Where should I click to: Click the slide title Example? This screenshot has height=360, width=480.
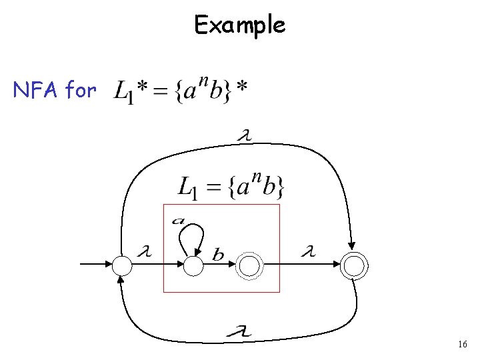click(x=239, y=25)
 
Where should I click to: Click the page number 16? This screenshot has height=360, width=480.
click(x=463, y=345)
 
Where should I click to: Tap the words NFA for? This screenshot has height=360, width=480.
click(x=55, y=89)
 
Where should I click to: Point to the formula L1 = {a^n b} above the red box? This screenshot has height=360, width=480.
click(x=231, y=186)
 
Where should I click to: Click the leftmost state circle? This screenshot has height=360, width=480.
click(x=123, y=266)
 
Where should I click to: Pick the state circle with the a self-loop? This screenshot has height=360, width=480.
click(x=193, y=266)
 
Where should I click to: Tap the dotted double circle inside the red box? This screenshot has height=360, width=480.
click(x=250, y=266)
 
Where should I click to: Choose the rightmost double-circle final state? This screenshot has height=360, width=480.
click(x=354, y=266)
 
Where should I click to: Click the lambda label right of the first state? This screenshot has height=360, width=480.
click(x=143, y=252)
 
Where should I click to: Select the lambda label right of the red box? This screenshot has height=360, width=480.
click(x=307, y=252)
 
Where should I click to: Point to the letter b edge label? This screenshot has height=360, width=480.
click(x=219, y=254)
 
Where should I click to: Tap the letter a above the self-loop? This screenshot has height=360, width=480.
click(x=179, y=220)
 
